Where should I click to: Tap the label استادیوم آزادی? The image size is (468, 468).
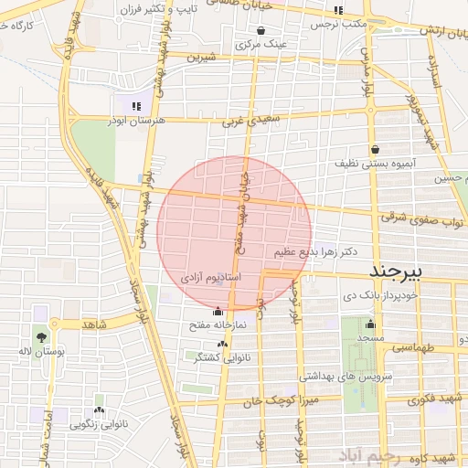[211, 276]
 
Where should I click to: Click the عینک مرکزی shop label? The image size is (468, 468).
[261, 43]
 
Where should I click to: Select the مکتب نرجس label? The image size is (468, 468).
[339, 24]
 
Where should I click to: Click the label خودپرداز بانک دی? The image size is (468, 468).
[381, 295]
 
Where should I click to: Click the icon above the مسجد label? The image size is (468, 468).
[370, 324]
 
